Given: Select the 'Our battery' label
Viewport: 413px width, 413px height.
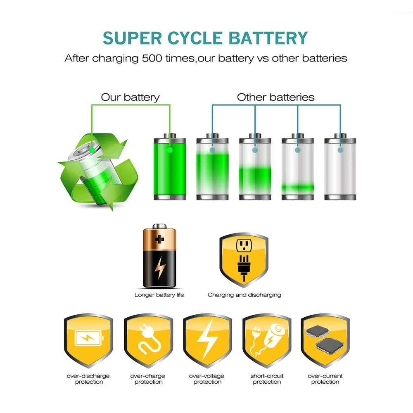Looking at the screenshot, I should point(130,97).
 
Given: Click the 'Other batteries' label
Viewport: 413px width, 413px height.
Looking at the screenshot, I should point(275,97).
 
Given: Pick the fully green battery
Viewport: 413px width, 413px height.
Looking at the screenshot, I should point(170,167).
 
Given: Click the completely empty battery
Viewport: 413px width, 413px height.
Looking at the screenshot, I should point(340,167).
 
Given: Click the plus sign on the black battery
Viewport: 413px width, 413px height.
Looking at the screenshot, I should point(159,239).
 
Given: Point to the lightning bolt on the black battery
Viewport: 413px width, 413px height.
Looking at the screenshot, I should point(159,270).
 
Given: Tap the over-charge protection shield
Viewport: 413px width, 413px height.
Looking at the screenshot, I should point(148,341).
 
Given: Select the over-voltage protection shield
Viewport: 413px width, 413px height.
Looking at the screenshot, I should point(207,341).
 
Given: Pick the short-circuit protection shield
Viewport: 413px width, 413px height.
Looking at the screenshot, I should point(267,341).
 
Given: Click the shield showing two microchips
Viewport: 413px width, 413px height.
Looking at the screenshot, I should point(325,341).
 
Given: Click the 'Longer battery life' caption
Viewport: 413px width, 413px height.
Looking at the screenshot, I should point(159,295).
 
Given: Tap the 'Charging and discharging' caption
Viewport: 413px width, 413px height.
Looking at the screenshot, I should point(244,295).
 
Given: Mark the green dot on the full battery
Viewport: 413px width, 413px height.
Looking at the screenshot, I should point(170,150).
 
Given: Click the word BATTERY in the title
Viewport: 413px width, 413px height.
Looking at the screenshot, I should point(268,38).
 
